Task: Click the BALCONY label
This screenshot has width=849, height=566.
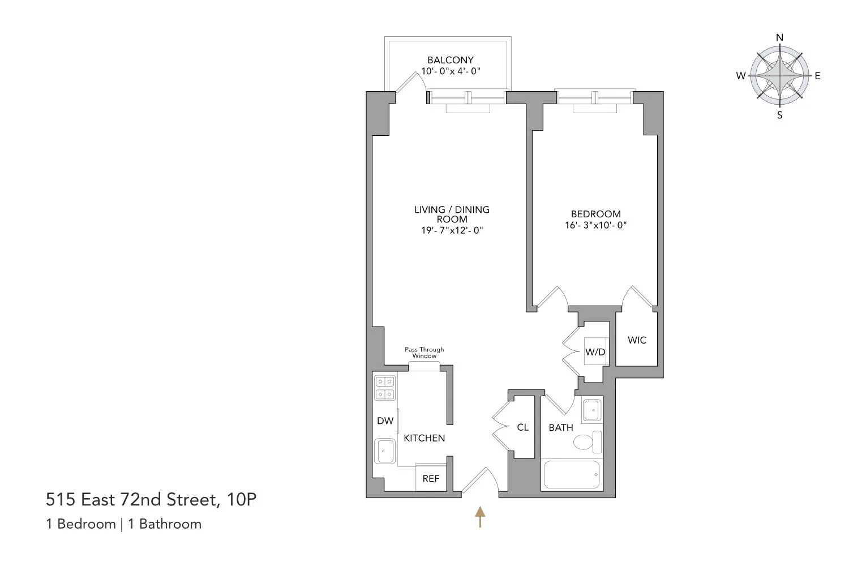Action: (450, 60)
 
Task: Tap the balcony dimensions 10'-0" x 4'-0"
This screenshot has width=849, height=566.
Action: (451, 71)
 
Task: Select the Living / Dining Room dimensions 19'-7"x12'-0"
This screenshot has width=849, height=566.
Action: (452, 230)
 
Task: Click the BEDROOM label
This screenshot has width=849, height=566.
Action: (595, 214)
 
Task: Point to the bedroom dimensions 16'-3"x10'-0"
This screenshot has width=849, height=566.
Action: (595, 225)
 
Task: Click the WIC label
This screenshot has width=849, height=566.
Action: (637, 340)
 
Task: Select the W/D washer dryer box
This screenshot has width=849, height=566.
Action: (595, 351)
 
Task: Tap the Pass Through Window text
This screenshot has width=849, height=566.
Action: (424, 353)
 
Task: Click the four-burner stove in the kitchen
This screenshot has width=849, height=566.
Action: (385, 388)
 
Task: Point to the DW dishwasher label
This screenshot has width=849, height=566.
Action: (385, 421)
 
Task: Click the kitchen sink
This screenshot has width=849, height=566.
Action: (385, 451)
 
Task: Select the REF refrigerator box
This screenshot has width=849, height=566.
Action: (431, 478)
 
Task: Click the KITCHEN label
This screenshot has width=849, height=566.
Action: (424, 438)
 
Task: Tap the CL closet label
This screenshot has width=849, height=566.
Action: (522, 427)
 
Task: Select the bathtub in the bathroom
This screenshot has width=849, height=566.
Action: (571, 474)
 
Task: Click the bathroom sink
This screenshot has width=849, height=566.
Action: (592, 410)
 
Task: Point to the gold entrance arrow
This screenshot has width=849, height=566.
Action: (480, 516)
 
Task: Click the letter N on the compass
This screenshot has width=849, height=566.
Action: (779, 38)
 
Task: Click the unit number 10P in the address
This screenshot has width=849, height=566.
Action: (241, 500)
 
